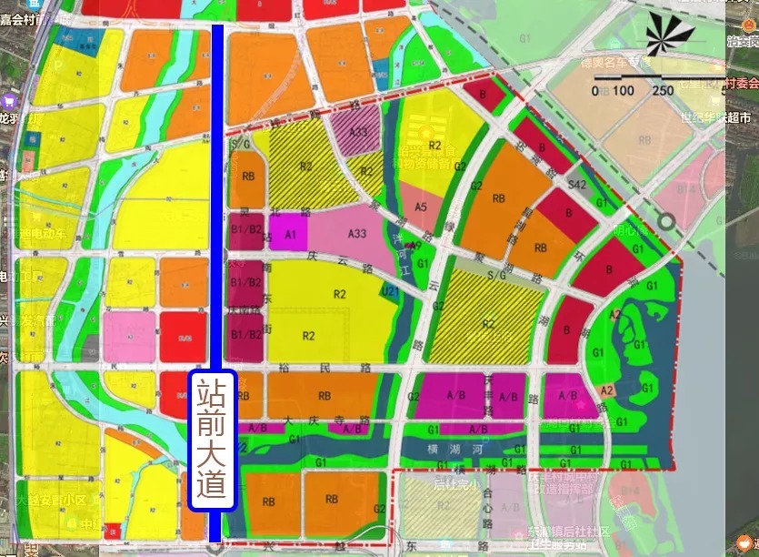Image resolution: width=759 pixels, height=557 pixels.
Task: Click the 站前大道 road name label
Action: click(212, 439)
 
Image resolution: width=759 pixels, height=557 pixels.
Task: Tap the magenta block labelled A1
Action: click(291, 234)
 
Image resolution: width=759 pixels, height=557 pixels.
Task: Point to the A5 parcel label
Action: click(420, 208)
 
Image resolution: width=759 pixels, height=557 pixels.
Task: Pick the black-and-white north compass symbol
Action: click(670, 35)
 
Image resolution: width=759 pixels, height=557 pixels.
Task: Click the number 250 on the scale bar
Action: click(663, 90)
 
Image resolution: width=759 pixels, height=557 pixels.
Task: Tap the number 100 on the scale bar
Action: click(623, 90)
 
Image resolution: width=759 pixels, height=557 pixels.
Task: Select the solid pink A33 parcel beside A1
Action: click(356, 234)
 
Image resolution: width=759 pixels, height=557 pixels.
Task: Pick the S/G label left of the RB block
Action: click(241, 144)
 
